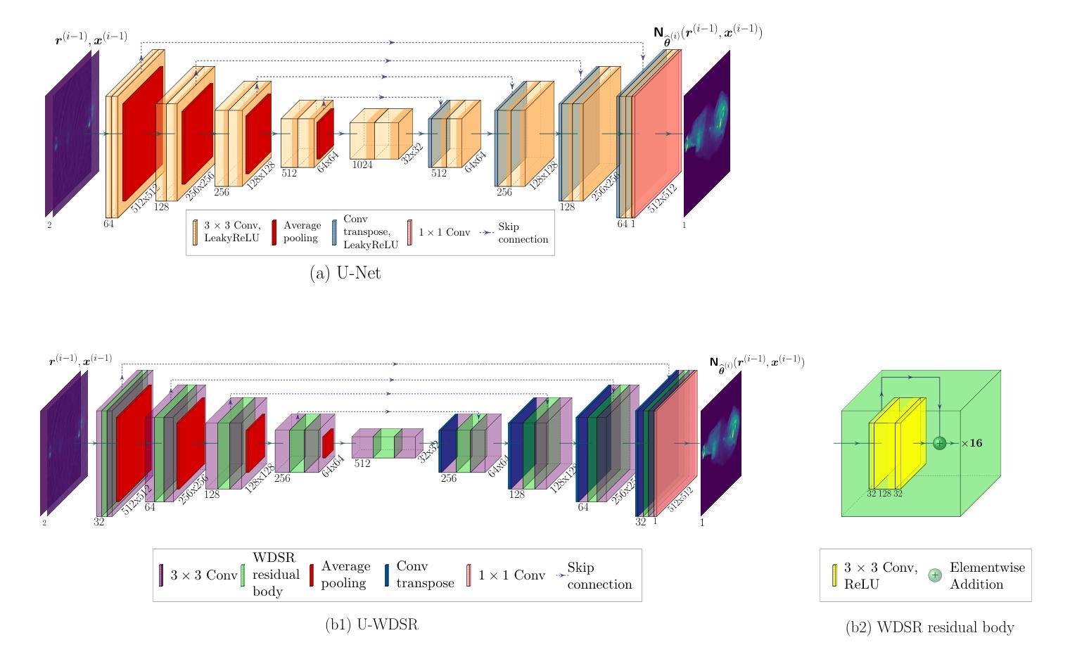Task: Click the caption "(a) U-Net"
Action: click(x=345, y=274)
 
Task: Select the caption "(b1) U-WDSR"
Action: click(x=371, y=624)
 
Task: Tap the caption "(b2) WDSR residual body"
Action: click(x=929, y=627)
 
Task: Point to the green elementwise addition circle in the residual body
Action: click(x=938, y=443)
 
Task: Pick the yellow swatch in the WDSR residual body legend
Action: click(x=835, y=575)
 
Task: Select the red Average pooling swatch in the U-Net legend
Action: click(x=274, y=232)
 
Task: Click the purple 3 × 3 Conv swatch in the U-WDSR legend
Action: click(x=161, y=575)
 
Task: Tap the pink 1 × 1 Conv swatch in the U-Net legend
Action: click(x=409, y=232)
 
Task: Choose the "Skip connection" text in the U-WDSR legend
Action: click(x=599, y=576)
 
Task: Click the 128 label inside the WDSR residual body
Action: click(x=885, y=494)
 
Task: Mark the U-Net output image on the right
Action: click(x=706, y=134)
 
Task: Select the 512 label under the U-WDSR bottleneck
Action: click(x=362, y=463)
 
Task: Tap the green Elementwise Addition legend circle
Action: click(x=935, y=575)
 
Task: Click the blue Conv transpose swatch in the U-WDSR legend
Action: click(x=388, y=575)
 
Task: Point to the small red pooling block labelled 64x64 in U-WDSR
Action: click(x=328, y=443)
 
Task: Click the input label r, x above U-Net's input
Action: click(x=91, y=39)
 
